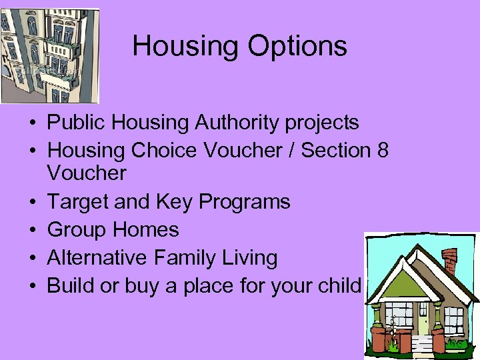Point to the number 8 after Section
(x=383, y=150)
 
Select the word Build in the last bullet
(x=69, y=286)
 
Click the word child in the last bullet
(x=341, y=286)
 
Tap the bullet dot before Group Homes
(x=32, y=231)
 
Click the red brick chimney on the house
(x=451, y=263)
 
